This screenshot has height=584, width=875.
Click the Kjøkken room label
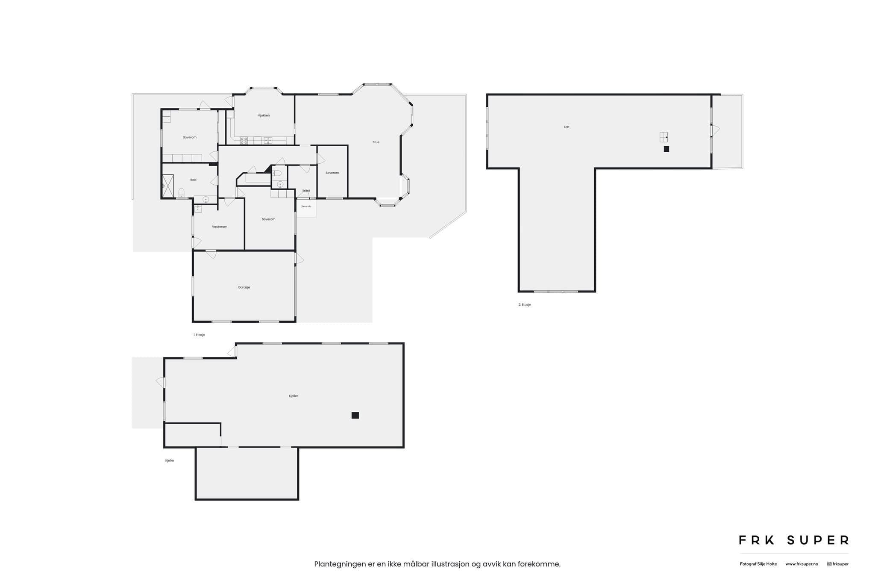[x=264, y=115]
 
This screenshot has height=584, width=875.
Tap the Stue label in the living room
[x=376, y=142]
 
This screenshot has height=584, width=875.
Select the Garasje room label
[x=244, y=287]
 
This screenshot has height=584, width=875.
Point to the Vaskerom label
[x=220, y=227]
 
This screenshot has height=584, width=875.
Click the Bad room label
[x=193, y=180]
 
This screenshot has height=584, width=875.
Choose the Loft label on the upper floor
[x=567, y=127]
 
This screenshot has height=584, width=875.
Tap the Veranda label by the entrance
[x=306, y=206]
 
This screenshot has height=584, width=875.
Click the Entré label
[x=306, y=191]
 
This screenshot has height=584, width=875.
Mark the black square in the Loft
[x=666, y=149]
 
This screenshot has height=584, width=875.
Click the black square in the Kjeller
[x=355, y=415]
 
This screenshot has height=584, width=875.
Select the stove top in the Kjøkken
[x=244, y=140]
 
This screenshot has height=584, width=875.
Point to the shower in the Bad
[x=167, y=186]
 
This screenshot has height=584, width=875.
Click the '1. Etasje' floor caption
[x=199, y=335]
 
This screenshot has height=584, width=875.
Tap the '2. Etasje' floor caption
[x=525, y=305]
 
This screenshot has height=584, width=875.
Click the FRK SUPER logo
[x=794, y=540]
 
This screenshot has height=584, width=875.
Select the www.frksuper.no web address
[x=802, y=564]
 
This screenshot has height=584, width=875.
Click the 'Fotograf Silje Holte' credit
[x=758, y=564]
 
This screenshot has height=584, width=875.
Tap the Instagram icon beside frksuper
[x=829, y=564]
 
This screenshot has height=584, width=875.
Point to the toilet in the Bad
[x=181, y=192]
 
